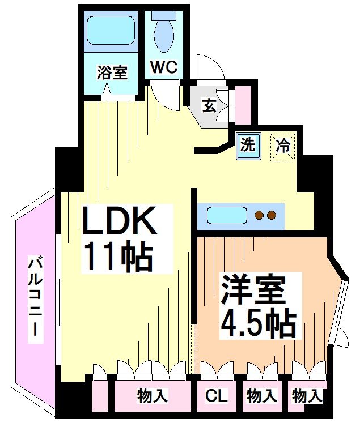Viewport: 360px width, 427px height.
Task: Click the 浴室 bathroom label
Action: coord(112,72)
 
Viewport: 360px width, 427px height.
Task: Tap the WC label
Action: coord(164,67)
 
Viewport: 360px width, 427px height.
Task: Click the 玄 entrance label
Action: coord(209,105)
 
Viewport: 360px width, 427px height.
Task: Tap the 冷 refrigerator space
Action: coord(282,146)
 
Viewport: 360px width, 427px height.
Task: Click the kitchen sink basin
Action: coord(226,216)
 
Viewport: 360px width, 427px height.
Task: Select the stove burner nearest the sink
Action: coord(260,215)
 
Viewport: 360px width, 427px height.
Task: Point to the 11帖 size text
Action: coord(118,257)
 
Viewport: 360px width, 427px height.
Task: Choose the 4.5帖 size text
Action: coord(258,324)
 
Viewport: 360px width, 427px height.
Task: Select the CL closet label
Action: coord(215,396)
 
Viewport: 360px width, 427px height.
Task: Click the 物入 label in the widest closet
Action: coord(152,396)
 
